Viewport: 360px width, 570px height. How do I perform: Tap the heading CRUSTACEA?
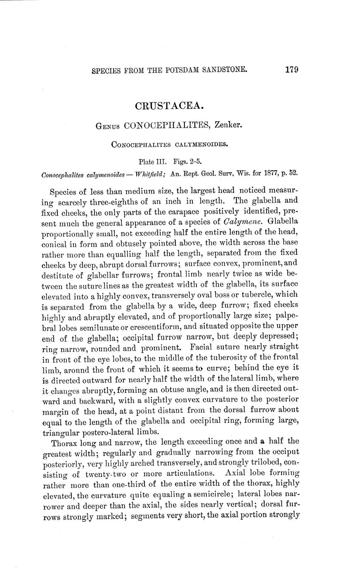tap(169, 106)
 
